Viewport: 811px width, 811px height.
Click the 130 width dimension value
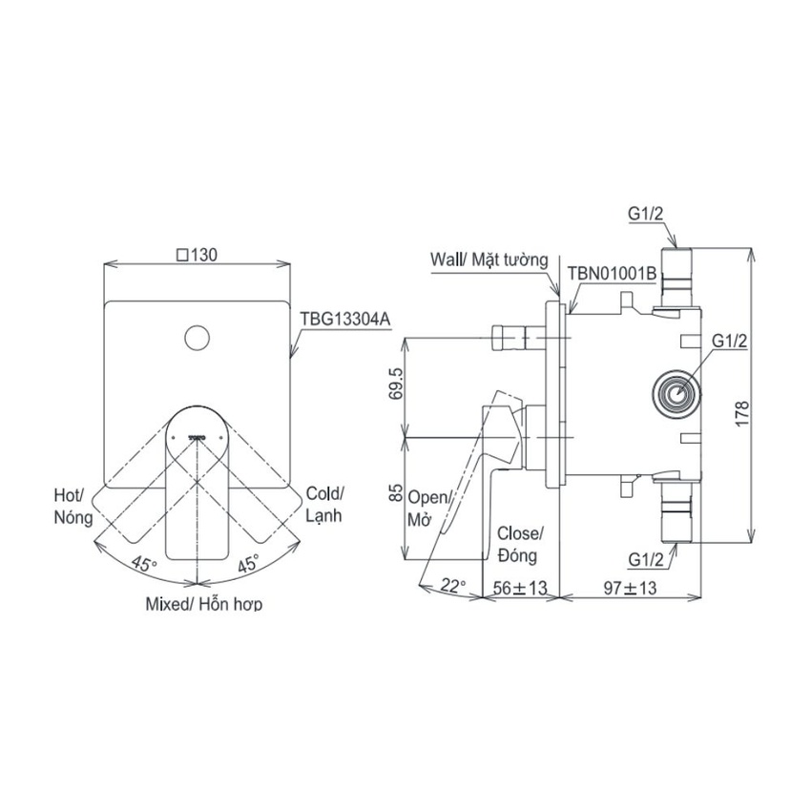coord(198,255)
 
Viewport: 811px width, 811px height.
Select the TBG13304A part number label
coord(345,319)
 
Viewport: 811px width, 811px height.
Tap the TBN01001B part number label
coord(612,273)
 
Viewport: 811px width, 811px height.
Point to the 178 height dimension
coord(741,413)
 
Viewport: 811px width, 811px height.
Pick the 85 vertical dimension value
coord(395,492)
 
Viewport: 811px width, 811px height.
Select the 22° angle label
coord(453,586)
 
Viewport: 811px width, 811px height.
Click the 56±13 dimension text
coord(520,588)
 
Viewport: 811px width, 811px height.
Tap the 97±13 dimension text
coord(630,588)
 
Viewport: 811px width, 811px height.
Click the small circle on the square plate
coord(198,339)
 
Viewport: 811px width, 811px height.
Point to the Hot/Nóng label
coord(73,507)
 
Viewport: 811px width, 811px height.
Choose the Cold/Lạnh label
coord(324,504)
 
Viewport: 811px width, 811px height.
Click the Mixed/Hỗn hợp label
coord(204,604)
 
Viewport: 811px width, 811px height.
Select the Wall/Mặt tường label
coord(489,260)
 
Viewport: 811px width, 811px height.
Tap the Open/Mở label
coord(427,509)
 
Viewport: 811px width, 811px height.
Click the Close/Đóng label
coord(519,545)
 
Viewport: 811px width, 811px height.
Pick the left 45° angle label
coord(143,563)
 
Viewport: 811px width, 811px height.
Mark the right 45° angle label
coord(249,563)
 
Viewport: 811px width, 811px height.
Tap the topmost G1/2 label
coord(646,214)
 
